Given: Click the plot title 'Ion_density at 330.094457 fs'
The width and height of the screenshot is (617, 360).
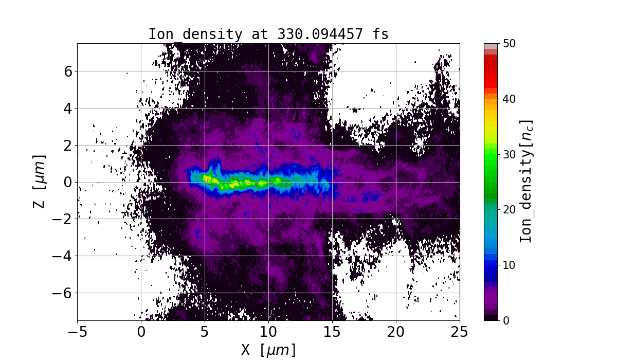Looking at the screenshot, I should pyautogui.click(x=268, y=34).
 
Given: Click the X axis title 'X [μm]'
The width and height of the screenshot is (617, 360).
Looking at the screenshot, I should pyautogui.click(x=268, y=350).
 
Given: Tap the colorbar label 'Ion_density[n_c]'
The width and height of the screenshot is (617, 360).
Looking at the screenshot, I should pyautogui.click(x=525, y=182).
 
